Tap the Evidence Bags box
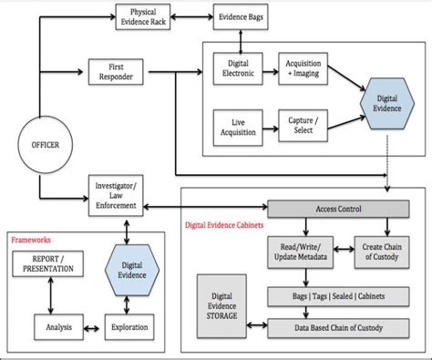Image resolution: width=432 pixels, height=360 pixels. click(241, 16)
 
